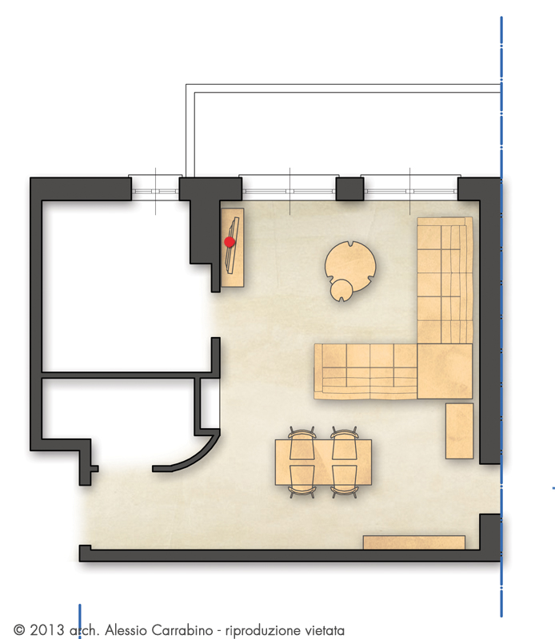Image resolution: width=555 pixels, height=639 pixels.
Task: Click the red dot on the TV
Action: pos(230,242)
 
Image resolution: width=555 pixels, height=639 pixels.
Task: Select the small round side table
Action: pos(341,290)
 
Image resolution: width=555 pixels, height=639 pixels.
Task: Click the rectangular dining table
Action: pos(323,462)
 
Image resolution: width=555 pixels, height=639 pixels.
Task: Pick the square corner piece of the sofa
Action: pos(445,371)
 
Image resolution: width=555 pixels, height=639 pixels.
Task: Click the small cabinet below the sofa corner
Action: pos(459,431)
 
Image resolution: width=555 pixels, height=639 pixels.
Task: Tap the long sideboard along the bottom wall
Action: pos(414,542)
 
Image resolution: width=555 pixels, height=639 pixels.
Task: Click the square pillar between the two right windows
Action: pos(349,189)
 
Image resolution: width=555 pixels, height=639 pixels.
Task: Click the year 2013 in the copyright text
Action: pos(46,630)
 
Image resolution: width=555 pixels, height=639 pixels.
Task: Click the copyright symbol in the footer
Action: pos(19,630)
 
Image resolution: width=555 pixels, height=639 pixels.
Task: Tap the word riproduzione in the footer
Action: pos(259,631)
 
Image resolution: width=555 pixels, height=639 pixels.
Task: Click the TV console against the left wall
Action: pos(233,248)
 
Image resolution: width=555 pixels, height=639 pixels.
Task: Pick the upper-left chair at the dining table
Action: pos(302,443)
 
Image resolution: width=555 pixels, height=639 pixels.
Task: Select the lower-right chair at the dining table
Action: pos(345,482)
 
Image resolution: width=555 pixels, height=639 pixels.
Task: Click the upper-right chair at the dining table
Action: pos(345,443)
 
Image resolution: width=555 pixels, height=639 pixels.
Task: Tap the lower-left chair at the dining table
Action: pos(302,482)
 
